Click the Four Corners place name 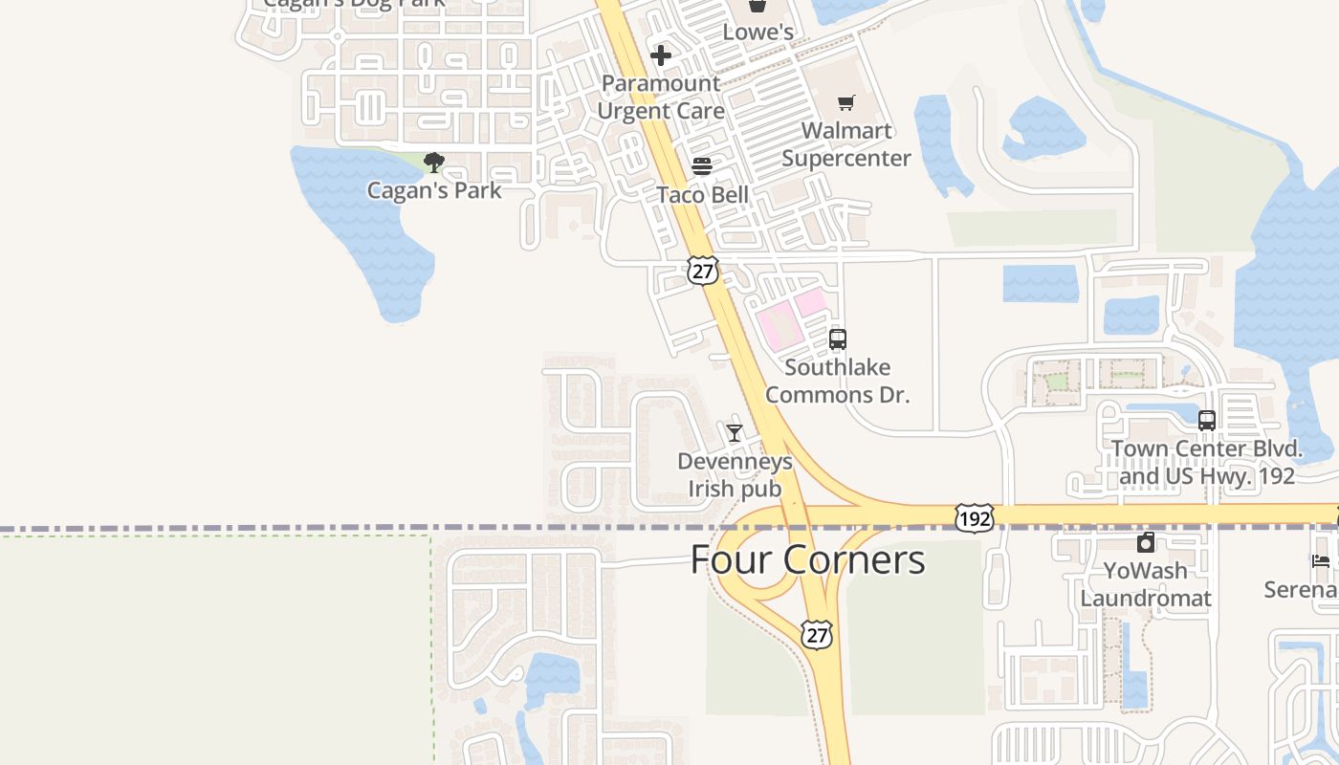(807, 559)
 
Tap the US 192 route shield (974, 518)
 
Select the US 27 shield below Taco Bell (702, 271)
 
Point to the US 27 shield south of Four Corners (817, 634)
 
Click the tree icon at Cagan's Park (434, 162)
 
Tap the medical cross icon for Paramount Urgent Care (660, 55)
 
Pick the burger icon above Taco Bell (702, 166)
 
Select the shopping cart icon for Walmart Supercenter (845, 102)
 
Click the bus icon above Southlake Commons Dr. (837, 339)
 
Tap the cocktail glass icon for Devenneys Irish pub (734, 433)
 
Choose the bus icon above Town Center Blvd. (1206, 420)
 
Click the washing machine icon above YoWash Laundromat (1145, 543)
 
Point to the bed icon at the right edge (1321, 561)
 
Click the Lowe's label (757, 32)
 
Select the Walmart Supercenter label (845, 143)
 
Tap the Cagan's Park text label (434, 190)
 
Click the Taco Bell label (702, 195)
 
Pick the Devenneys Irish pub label (735, 475)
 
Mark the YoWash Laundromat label (1146, 584)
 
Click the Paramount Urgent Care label (660, 97)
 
